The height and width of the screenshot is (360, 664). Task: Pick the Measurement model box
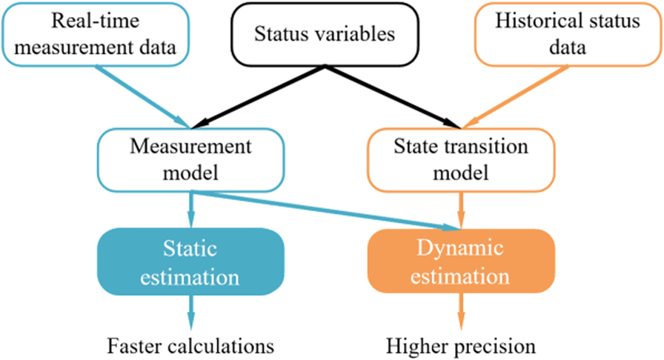191,160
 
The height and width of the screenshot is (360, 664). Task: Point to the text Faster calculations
191,345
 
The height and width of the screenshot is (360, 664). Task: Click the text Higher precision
460,345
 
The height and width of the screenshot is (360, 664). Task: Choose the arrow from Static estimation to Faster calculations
191,311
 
